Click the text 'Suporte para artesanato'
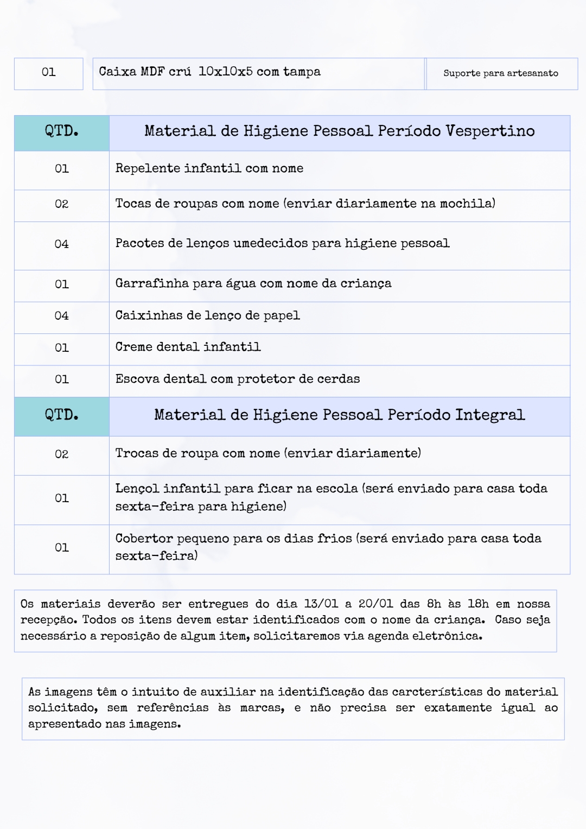500,73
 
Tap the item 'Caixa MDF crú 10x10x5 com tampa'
209,72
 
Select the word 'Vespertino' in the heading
490,131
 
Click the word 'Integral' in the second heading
489,415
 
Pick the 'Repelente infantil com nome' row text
209,169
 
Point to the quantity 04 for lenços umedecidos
62,244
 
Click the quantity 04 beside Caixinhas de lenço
62,316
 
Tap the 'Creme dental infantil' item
188,347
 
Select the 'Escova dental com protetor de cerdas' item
237,379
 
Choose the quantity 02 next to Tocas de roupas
62,204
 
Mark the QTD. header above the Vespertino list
62,131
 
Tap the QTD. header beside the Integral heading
62,415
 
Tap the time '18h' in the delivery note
478,604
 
